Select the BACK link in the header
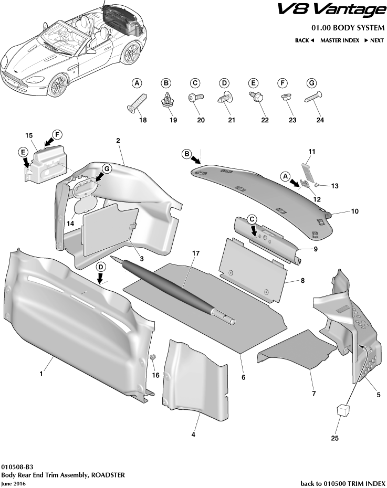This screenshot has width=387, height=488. point(304,40)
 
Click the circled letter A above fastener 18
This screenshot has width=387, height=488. point(137,83)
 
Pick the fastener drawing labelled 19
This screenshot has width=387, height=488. point(166,100)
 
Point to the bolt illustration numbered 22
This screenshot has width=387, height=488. point(255,98)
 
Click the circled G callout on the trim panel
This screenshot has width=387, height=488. point(106,169)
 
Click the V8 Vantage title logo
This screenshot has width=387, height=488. point(331,9)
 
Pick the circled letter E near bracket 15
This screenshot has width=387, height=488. point(23,152)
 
